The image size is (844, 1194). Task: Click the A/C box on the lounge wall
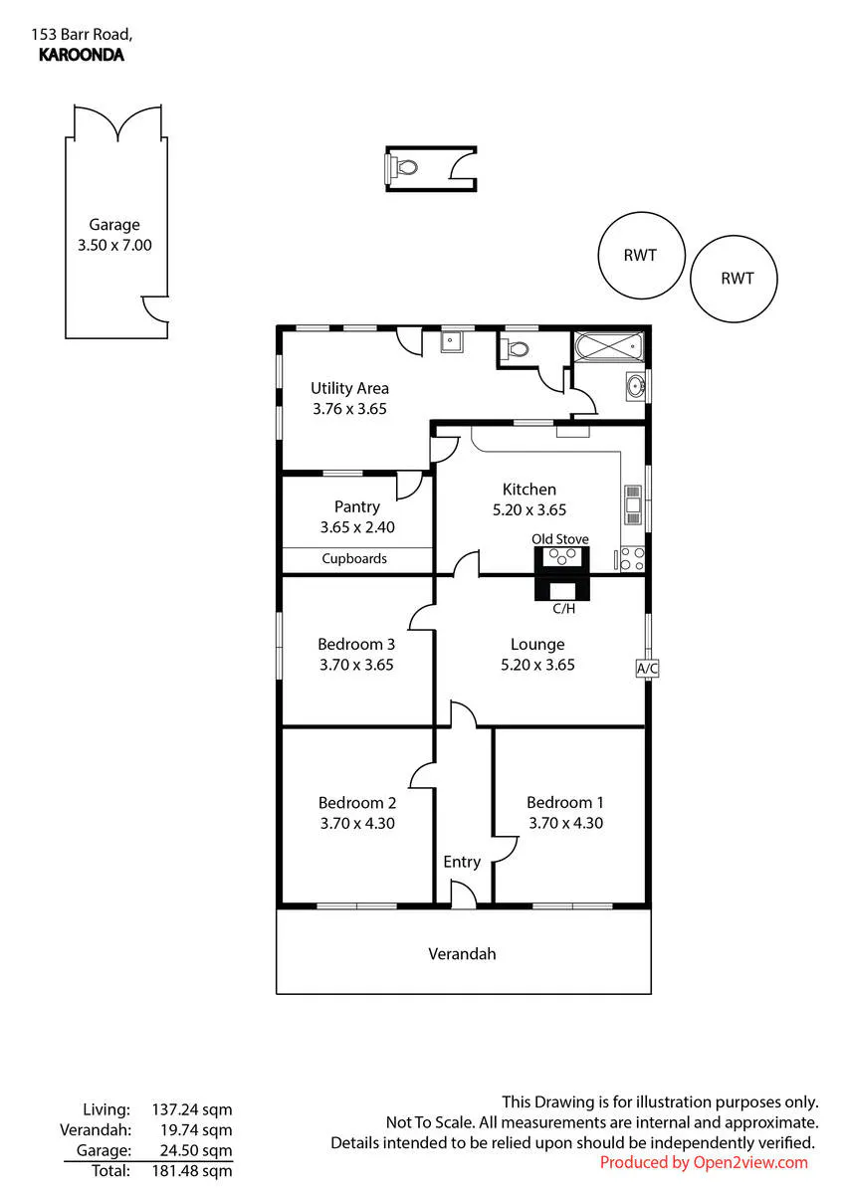647,668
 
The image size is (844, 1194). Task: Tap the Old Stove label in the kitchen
559,539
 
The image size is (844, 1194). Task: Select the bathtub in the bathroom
608,346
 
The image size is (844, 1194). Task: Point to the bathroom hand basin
635,386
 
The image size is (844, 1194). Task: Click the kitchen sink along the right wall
633,503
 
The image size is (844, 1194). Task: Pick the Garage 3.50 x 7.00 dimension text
114,245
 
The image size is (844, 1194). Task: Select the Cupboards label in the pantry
354,558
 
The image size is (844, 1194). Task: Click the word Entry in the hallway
462,862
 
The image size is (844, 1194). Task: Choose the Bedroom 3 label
356,644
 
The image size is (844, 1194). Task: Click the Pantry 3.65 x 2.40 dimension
357,527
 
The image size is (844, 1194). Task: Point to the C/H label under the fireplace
563,608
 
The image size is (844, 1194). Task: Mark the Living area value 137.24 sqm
192,1109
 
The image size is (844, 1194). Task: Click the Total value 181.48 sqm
192,1170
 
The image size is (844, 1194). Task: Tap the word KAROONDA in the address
82,55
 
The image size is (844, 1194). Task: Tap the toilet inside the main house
514,349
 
